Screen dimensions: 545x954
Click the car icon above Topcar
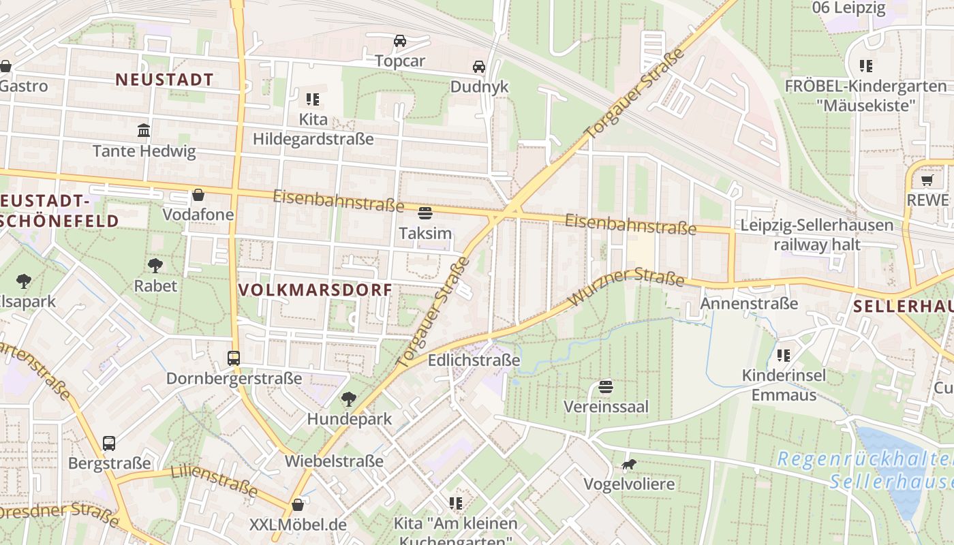400,41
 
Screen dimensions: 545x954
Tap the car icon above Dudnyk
479,67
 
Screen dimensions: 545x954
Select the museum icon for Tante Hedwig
144,130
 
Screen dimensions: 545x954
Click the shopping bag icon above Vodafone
198,195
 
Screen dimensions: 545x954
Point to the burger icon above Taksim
425,213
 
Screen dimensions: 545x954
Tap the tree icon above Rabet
155,265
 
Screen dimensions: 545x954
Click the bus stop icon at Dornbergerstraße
234,358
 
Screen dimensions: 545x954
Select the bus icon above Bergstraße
109,443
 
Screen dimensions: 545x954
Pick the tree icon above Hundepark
349,399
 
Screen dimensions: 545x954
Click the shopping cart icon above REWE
927,180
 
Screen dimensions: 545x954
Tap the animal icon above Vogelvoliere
628,465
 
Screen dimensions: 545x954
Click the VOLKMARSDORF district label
316,290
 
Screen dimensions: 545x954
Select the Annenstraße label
748,303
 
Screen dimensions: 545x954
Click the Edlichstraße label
474,360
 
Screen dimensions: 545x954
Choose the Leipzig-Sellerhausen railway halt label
816,234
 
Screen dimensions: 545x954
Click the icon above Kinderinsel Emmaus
784,355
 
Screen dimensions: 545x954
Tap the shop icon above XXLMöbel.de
298,505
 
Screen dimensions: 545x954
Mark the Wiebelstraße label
334,461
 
